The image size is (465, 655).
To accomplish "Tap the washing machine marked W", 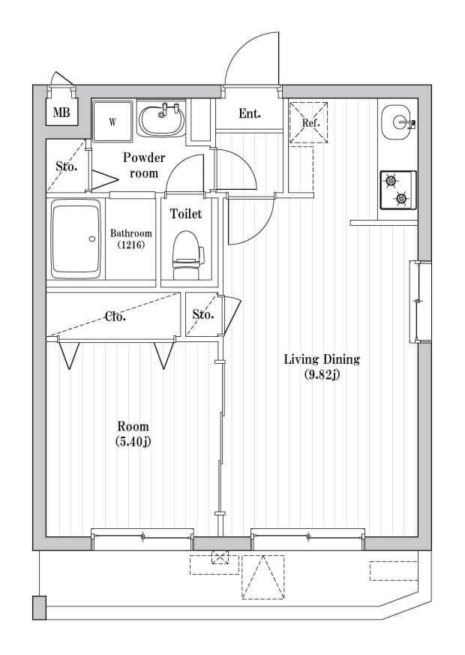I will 112,121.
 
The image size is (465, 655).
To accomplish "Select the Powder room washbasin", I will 161,120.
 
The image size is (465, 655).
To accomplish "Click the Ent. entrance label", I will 250,114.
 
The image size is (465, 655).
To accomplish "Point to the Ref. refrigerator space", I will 310,122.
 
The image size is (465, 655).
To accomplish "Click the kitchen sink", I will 397,122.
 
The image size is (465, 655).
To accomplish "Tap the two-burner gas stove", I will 397,190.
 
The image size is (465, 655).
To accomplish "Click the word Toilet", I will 185,214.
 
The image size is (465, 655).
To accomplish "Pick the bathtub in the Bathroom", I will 76,239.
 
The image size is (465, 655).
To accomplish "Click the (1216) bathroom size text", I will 130,245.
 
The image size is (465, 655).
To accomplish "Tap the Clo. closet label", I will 115,317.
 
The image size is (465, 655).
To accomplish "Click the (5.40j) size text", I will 133,442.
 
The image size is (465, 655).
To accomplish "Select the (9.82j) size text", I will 322,375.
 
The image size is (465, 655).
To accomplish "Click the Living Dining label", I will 322,359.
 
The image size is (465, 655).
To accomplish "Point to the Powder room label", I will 144,165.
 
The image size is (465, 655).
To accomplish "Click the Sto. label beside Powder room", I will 66,167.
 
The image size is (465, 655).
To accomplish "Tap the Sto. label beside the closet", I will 203,314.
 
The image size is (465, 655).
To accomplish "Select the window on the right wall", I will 418,302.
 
